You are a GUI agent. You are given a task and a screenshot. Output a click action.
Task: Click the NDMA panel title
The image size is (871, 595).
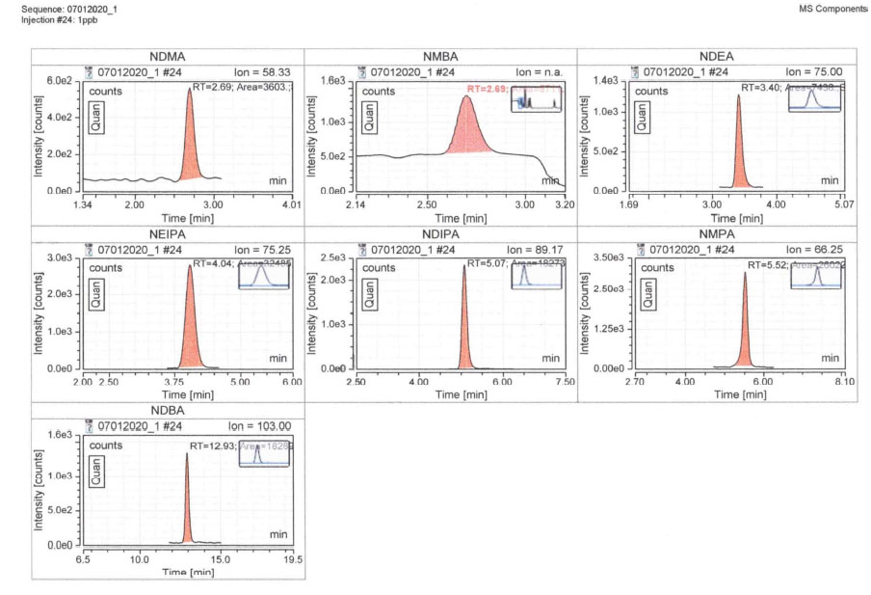[168, 57]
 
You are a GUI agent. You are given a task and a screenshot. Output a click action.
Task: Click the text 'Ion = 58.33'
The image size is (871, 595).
[262, 71]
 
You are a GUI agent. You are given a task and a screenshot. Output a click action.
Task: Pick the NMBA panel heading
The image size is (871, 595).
[440, 57]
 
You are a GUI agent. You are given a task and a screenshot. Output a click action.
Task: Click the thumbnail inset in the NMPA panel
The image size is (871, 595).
[816, 276]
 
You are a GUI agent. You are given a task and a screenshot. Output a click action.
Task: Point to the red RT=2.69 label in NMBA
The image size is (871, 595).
[487, 89]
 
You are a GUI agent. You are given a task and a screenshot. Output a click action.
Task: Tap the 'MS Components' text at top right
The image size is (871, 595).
[833, 9]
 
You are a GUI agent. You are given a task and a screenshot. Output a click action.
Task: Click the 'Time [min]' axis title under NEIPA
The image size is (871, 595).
[188, 395]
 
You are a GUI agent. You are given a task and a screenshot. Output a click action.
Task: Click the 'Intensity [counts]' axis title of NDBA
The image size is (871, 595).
[39, 491]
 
